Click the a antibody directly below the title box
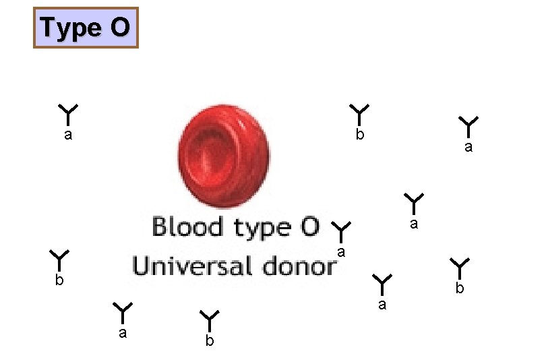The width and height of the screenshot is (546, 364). [x=68, y=114]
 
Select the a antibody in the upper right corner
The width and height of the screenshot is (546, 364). [x=468, y=125]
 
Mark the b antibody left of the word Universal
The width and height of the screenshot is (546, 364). [x=59, y=260]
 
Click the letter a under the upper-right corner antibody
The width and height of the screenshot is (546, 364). [x=468, y=147]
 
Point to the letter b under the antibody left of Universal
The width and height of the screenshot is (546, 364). [x=59, y=280]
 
